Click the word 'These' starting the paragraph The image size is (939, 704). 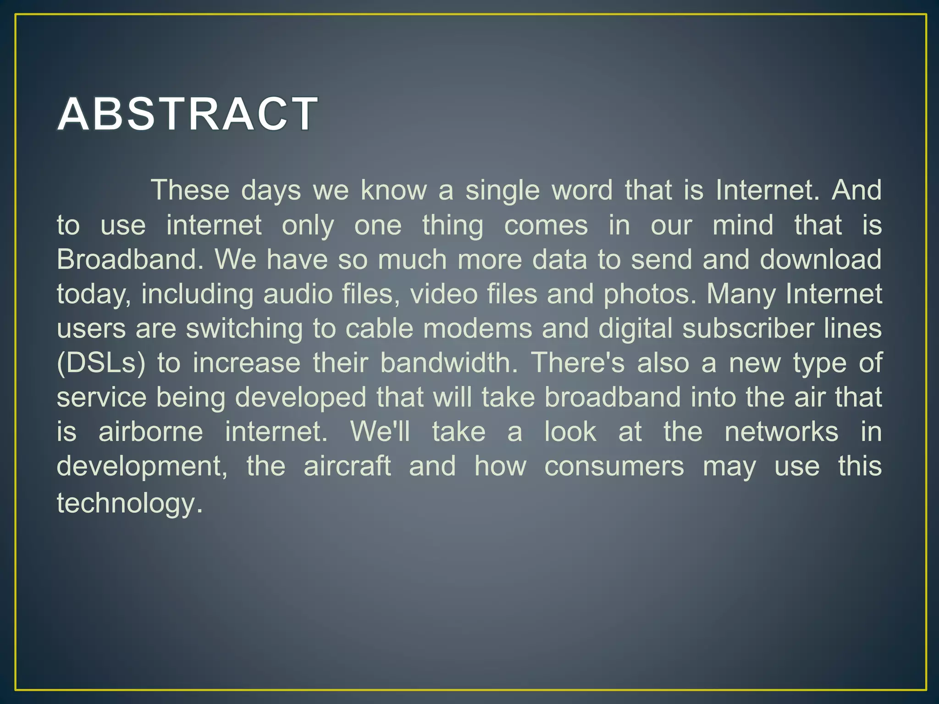click(x=190, y=190)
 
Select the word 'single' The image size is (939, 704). click(x=503, y=191)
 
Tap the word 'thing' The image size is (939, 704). click(x=453, y=225)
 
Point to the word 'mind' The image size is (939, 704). click(x=743, y=225)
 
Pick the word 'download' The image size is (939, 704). click(x=820, y=259)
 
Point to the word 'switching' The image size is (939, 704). click(x=244, y=329)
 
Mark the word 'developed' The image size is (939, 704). click(x=300, y=397)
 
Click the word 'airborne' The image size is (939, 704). click(x=151, y=432)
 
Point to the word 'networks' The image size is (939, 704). click(x=781, y=432)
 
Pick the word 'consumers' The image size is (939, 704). click(x=614, y=466)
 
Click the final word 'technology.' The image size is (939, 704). click(x=129, y=503)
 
